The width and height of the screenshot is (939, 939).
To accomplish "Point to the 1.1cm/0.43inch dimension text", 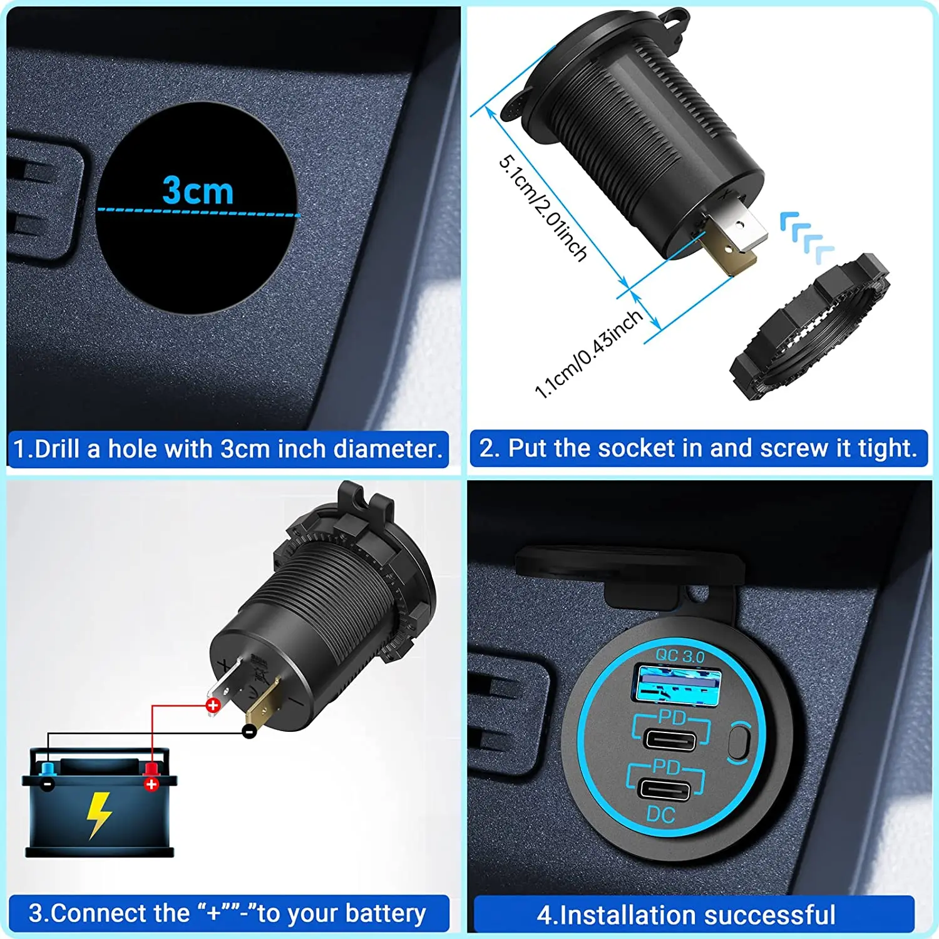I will [588, 354].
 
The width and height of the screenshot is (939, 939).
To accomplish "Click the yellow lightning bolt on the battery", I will [98, 814].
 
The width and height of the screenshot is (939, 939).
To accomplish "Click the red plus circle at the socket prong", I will [213, 706].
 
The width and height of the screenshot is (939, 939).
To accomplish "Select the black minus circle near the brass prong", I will [249, 731].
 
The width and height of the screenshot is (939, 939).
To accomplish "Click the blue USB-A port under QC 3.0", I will [678, 684].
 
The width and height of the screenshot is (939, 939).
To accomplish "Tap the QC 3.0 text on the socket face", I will [680, 656].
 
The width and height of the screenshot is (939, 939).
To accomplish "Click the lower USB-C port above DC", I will [665, 789].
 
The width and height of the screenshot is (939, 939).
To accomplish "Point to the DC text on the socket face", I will [660, 815].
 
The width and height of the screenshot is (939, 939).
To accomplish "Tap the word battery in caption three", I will [385, 913].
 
